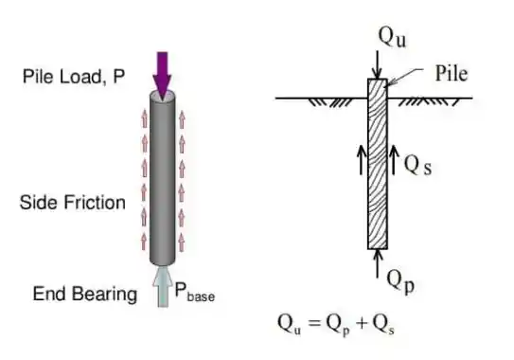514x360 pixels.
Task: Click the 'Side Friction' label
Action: (72, 202)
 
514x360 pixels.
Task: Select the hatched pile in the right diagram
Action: (377, 166)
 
